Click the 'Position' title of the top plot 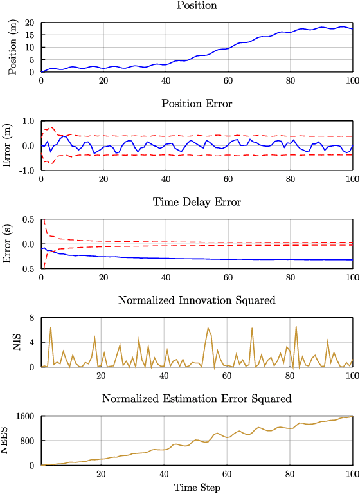(x=196, y=6)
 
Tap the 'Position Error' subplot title (x=196, y=104)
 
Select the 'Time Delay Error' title (x=196, y=203)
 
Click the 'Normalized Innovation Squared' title (x=196, y=300)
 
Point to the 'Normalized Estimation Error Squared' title (x=196, y=399)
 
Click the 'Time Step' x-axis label (x=197, y=488)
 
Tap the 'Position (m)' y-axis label (x=13, y=47)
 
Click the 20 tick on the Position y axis (x=28, y=23)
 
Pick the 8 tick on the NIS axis (x=31, y=318)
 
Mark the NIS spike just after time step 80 (x=296, y=327)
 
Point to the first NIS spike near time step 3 (x=51, y=327)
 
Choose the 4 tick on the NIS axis (x=31, y=342)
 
